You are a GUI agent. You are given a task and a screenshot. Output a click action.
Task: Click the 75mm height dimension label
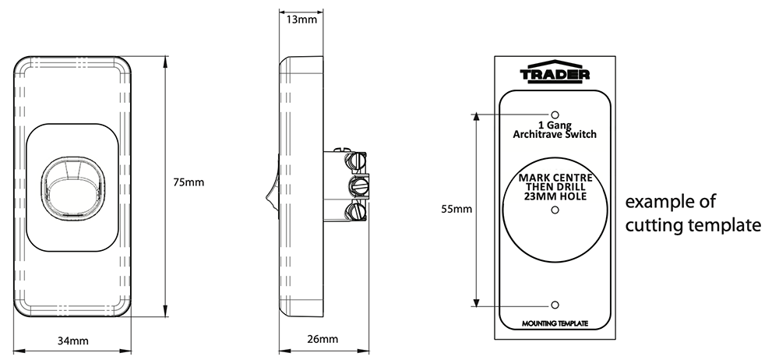tap(189, 182)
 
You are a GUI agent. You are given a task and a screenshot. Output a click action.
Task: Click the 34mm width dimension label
tap(73, 341)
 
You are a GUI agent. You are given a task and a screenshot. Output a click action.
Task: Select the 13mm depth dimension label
tap(301, 19)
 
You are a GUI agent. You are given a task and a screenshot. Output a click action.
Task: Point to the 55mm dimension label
tap(456, 209)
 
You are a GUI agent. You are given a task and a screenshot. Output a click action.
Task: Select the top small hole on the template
tap(555, 114)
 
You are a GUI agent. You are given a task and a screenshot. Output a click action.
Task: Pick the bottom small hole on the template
tap(555, 305)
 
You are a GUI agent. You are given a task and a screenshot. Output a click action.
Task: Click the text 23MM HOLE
tap(555, 196)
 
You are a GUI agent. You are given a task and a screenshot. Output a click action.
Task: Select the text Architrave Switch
tap(555, 135)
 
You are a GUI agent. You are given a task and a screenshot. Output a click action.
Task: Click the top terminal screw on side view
tap(357, 161)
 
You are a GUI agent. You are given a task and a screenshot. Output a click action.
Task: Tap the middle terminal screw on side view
tap(359, 186)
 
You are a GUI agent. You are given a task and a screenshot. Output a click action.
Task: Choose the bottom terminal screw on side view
tap(357, 210)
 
